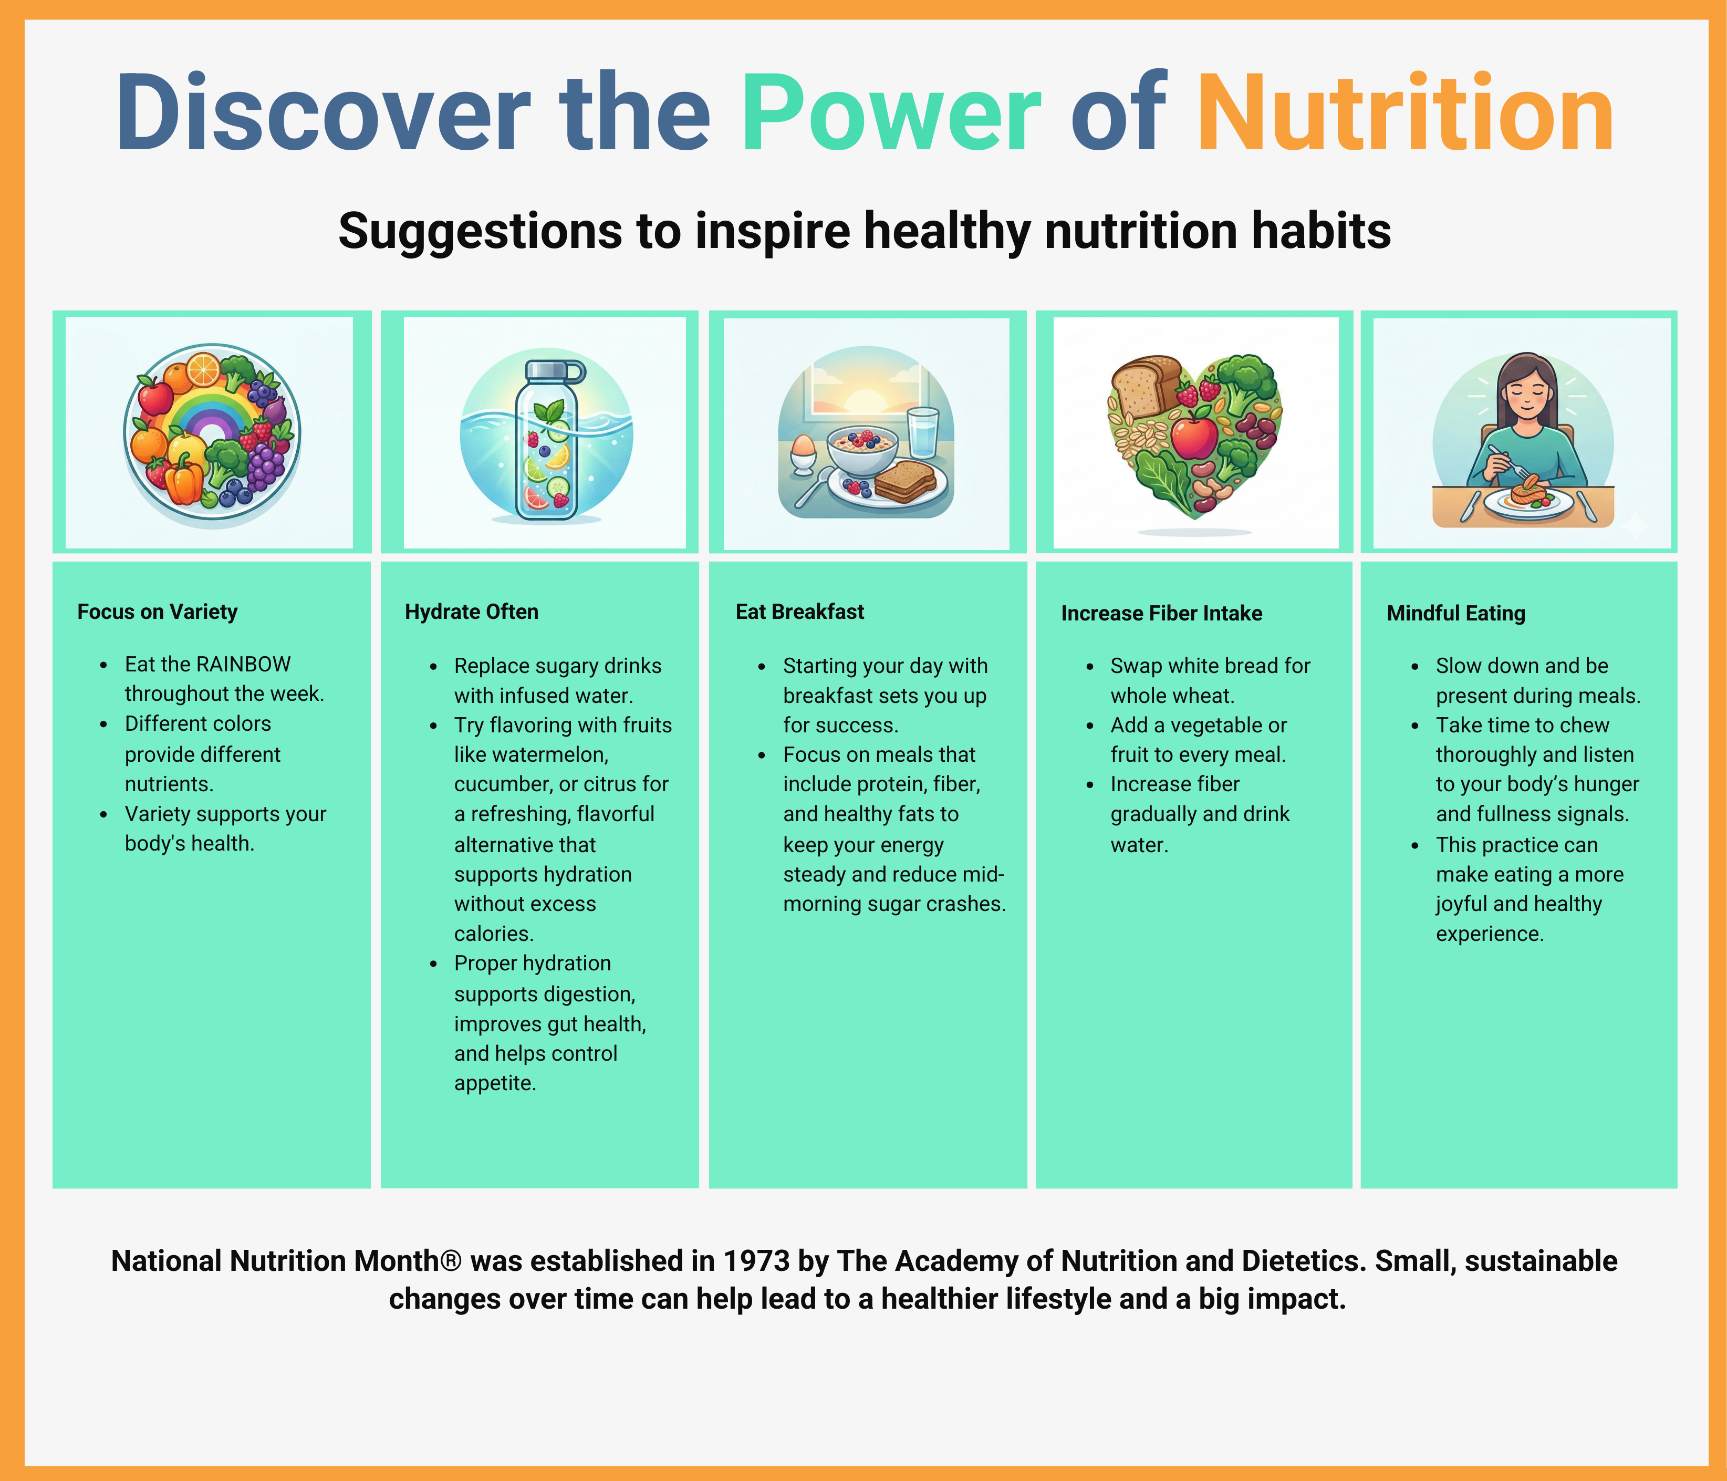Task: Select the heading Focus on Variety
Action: coord(158,612)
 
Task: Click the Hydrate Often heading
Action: coord(472,612)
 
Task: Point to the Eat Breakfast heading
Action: coord(799,612)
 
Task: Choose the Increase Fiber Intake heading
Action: coord(1161,614)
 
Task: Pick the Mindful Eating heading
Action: coord(1456,614)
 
